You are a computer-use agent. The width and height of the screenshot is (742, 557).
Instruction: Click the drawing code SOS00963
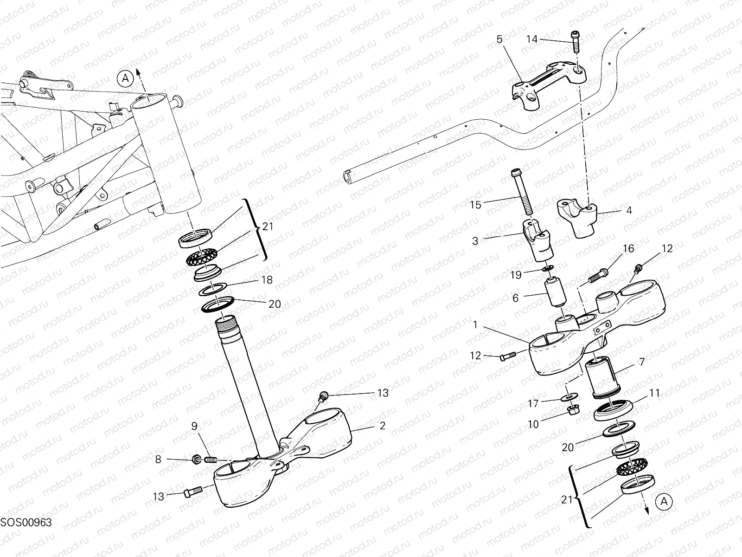26,522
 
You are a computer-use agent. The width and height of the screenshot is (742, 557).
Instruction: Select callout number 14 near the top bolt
532,39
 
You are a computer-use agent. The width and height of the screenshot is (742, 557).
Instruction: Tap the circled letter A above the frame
125,79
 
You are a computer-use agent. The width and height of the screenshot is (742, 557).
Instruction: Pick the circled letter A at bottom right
664,501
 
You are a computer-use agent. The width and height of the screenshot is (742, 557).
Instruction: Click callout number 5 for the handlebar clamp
499,39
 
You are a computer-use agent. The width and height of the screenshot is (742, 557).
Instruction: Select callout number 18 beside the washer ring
267,280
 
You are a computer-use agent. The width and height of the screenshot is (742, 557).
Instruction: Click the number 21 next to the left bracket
268,227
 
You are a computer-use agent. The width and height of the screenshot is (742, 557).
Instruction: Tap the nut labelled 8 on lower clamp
196,460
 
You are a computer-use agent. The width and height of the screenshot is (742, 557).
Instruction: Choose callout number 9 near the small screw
194,426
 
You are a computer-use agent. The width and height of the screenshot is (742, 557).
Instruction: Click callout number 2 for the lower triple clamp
382,425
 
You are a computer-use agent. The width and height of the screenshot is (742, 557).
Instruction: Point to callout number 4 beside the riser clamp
629,210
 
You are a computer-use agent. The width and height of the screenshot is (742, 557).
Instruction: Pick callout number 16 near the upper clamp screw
628,249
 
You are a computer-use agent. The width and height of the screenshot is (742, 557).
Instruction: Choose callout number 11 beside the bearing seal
654,393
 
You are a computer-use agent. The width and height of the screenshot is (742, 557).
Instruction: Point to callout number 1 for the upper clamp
475,325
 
